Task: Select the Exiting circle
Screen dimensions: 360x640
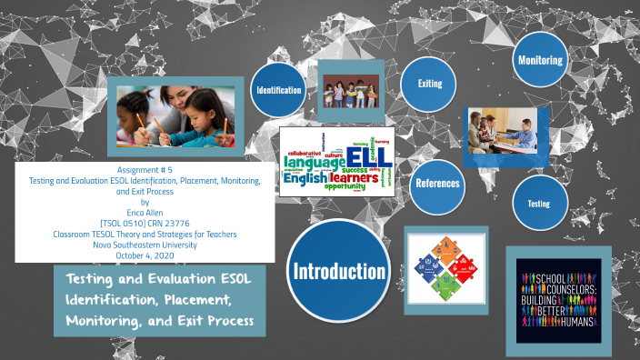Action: click(429, 84)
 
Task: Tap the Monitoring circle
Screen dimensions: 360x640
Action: click(540, 61)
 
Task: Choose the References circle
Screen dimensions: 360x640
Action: click(437, 183)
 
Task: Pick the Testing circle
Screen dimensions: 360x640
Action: click(539, 204)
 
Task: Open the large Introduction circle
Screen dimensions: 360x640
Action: click(337, 270)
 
